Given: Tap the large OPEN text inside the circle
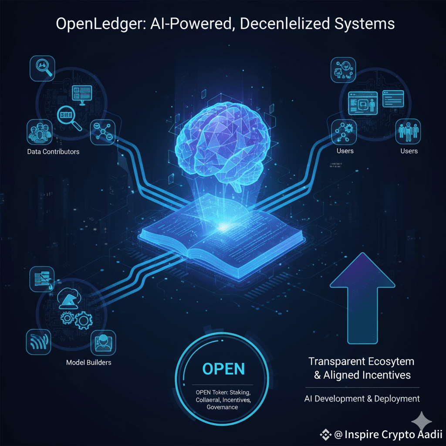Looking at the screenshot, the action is (223, 369).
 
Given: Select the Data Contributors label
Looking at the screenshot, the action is (53, 152).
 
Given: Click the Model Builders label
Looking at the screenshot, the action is (88, 362).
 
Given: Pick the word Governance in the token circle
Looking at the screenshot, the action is (223, 407).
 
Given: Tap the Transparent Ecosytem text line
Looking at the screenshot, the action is (362, 362).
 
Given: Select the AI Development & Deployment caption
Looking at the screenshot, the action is (362, 398).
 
